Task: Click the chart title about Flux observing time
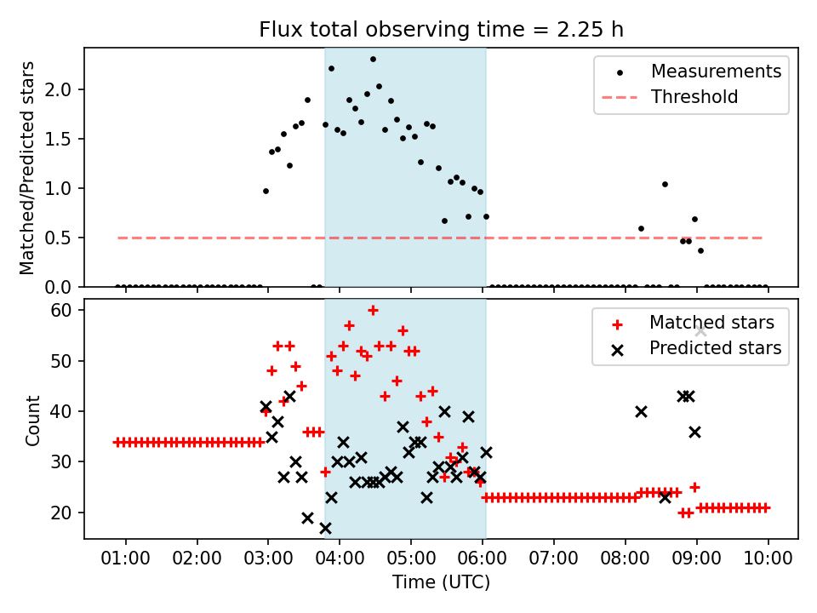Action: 442,30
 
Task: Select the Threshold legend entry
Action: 694,97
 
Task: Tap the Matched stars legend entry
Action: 711,323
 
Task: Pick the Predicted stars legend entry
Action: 715,348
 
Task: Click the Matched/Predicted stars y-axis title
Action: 27,168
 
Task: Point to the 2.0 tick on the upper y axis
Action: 66,89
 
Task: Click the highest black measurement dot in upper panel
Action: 373,60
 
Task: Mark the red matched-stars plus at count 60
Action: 373,310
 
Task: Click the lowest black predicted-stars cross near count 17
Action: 325,528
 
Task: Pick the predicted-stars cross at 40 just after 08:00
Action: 641,411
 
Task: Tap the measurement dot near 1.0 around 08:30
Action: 665,184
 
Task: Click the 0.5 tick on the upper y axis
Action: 66,238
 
